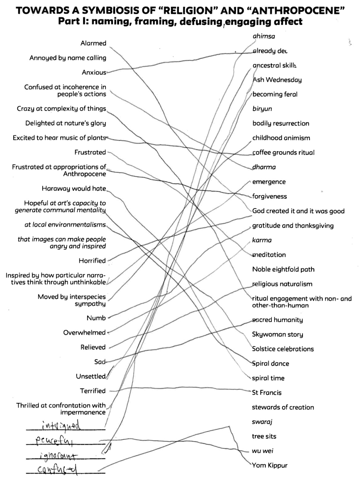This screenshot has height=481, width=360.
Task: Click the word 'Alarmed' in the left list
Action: [x=93, y=43]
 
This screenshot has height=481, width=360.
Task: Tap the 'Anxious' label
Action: [x=94, y=72]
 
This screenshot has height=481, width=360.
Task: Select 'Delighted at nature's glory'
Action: [x=66, y=123]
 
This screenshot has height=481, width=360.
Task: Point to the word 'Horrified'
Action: [x=92, y=261]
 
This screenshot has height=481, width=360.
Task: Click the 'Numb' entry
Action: [x=96, y=318]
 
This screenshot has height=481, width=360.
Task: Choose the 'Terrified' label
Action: [x=93, y=391]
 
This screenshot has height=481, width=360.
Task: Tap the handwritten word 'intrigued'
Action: [x=61, y=426]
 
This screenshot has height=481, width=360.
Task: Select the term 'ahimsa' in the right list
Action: [x=264, y=36]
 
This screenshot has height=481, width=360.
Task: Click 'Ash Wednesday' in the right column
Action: [x=277, y=80]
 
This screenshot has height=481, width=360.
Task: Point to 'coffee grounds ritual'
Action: [x=283, y=153]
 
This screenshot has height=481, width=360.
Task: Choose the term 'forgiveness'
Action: [x=269, y=196]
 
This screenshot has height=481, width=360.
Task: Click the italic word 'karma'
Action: [x=262, y=240]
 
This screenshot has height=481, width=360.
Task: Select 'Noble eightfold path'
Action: [x=283, y=269]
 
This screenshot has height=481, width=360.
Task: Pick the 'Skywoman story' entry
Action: [x=277, y=334]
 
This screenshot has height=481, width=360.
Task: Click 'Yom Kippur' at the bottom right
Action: [x=270, y=465]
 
